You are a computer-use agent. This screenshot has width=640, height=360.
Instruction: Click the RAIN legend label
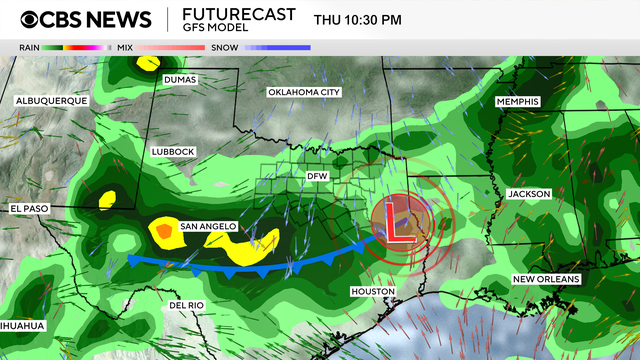pos(29,46)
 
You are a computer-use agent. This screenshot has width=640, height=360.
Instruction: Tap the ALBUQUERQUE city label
pos(52,101)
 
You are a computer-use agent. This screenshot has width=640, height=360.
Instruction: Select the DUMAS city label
pos(180,79)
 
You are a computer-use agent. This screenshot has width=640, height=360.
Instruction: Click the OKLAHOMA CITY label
pos(304,92)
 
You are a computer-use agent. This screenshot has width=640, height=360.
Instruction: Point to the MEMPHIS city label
pos(517,102)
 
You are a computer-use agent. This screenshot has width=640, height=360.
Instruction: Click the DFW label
pos(317,176)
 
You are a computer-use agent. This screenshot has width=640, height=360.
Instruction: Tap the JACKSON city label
pos(529,194)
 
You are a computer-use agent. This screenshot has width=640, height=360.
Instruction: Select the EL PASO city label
pos(30,208)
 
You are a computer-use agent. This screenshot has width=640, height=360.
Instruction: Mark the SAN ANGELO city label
pos(207,227)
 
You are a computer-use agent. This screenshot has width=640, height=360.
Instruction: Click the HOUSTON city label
pos(372,291)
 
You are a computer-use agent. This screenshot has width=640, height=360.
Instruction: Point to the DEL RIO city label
pos(187,305)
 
